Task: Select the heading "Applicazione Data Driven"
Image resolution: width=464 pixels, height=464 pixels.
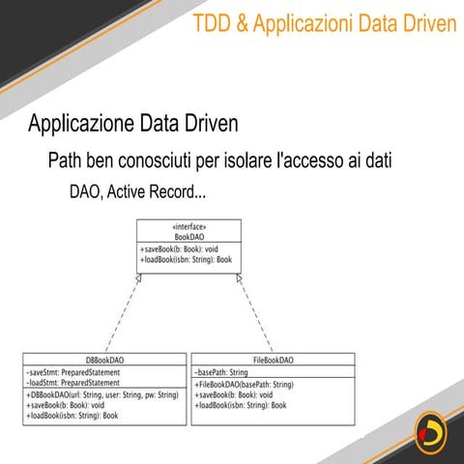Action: click(x=132, y=126)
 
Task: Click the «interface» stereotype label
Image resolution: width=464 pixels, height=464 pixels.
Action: click(x=188, y=227)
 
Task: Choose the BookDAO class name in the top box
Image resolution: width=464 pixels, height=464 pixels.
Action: click(x=188, y=237)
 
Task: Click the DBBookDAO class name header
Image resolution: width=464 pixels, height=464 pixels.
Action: click(x=103, y=360)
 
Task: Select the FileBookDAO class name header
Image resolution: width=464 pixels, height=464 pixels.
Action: click(x=273, y=360)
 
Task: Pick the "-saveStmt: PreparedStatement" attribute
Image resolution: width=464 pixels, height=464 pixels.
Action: click(x=75, y=372)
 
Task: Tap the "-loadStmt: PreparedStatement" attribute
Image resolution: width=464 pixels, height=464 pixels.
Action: click(x=75, y=383)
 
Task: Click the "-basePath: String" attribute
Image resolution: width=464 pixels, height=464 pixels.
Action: click(x=221, y=372)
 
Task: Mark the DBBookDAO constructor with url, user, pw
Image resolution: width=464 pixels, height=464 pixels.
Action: click(x=101, y=395)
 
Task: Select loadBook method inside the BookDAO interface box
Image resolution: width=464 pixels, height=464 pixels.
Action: click(x=186, y=260)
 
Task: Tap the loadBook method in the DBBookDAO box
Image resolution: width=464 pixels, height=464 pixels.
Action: click(x=72, y=416)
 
